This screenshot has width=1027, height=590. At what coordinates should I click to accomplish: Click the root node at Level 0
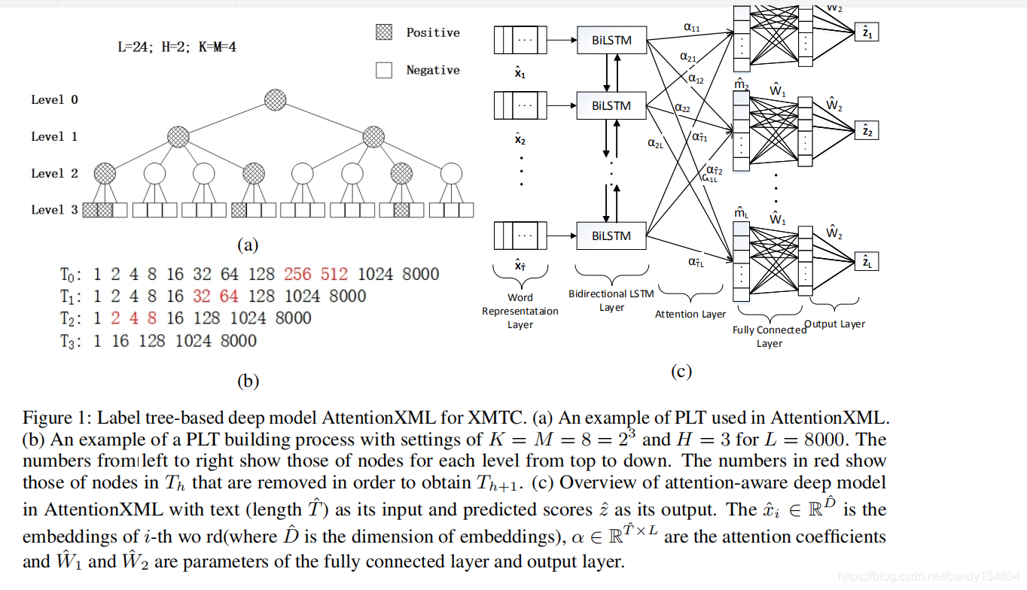[276, 99]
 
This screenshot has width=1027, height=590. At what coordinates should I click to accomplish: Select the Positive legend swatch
[384, 32]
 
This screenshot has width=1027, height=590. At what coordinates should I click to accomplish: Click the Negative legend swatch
[384, 70]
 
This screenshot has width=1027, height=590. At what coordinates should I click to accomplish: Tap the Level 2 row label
[54, 173]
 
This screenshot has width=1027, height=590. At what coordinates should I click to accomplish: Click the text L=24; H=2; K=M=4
[178, 47]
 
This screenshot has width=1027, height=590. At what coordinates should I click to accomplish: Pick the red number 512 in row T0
[334, 274]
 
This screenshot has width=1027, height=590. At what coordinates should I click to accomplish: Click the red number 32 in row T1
[201, 296]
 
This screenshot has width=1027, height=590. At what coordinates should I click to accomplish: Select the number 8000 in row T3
[238, 341]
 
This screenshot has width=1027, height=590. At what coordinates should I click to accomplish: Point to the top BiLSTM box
[611, 40]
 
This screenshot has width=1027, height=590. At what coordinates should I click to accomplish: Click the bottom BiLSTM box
[611, 236]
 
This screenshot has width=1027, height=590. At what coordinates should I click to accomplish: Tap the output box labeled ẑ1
[866, 32]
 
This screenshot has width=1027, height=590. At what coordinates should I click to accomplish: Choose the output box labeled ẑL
[866, 262]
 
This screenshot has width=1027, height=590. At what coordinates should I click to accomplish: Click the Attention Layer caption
[690, 314]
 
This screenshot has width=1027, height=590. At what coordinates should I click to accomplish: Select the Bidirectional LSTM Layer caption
[611, 300]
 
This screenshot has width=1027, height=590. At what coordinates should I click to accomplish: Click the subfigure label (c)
[681, 371]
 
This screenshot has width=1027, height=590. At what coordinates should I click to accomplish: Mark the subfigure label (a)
[248, 244]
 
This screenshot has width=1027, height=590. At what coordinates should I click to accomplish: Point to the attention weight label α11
[691, 27]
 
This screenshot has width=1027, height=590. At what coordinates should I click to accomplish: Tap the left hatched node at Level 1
[178, 136]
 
